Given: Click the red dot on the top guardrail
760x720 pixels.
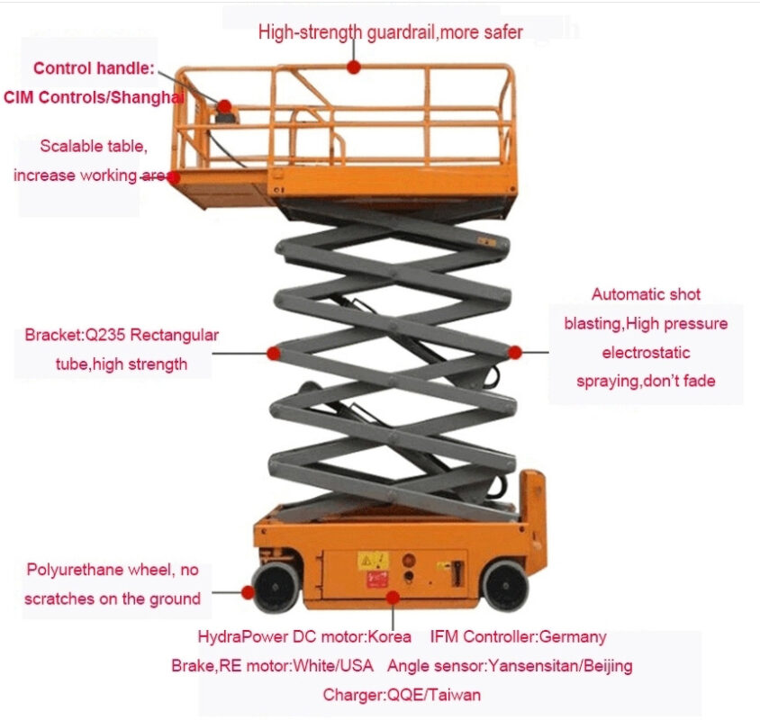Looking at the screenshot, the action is tap(354, 67).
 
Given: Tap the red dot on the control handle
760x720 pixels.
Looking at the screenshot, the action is tap(224, 105).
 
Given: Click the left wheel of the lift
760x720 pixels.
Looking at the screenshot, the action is tap(276, 586).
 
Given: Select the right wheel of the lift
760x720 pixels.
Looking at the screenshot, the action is tap(505, 586).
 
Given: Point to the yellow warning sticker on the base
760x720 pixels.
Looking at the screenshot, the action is tap(373, 561).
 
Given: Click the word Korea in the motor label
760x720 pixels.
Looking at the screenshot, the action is tap(389, 636).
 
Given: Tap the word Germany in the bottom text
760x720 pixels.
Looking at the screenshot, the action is tap(573, 636).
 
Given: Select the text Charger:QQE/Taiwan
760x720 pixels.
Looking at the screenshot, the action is tap(402, 695).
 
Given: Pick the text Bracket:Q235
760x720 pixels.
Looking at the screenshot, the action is tap(75, 335).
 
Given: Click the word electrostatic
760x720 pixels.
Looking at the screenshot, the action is tap(646, 352).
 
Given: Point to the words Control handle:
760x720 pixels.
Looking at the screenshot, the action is tap(94, 68).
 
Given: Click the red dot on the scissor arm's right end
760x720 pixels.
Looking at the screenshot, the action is tap(515, 352).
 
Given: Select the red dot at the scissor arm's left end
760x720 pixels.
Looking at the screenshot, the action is tap(274, 353).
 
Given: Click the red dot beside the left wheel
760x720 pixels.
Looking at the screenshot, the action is tap(249, 592).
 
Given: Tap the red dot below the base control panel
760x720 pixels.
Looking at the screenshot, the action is tap(394, 597).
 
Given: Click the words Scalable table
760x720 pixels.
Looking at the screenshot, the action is tap(94, 146).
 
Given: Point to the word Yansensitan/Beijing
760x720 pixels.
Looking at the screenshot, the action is tap(560, 666).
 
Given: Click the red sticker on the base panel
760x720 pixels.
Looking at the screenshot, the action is tap(377, 579).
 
